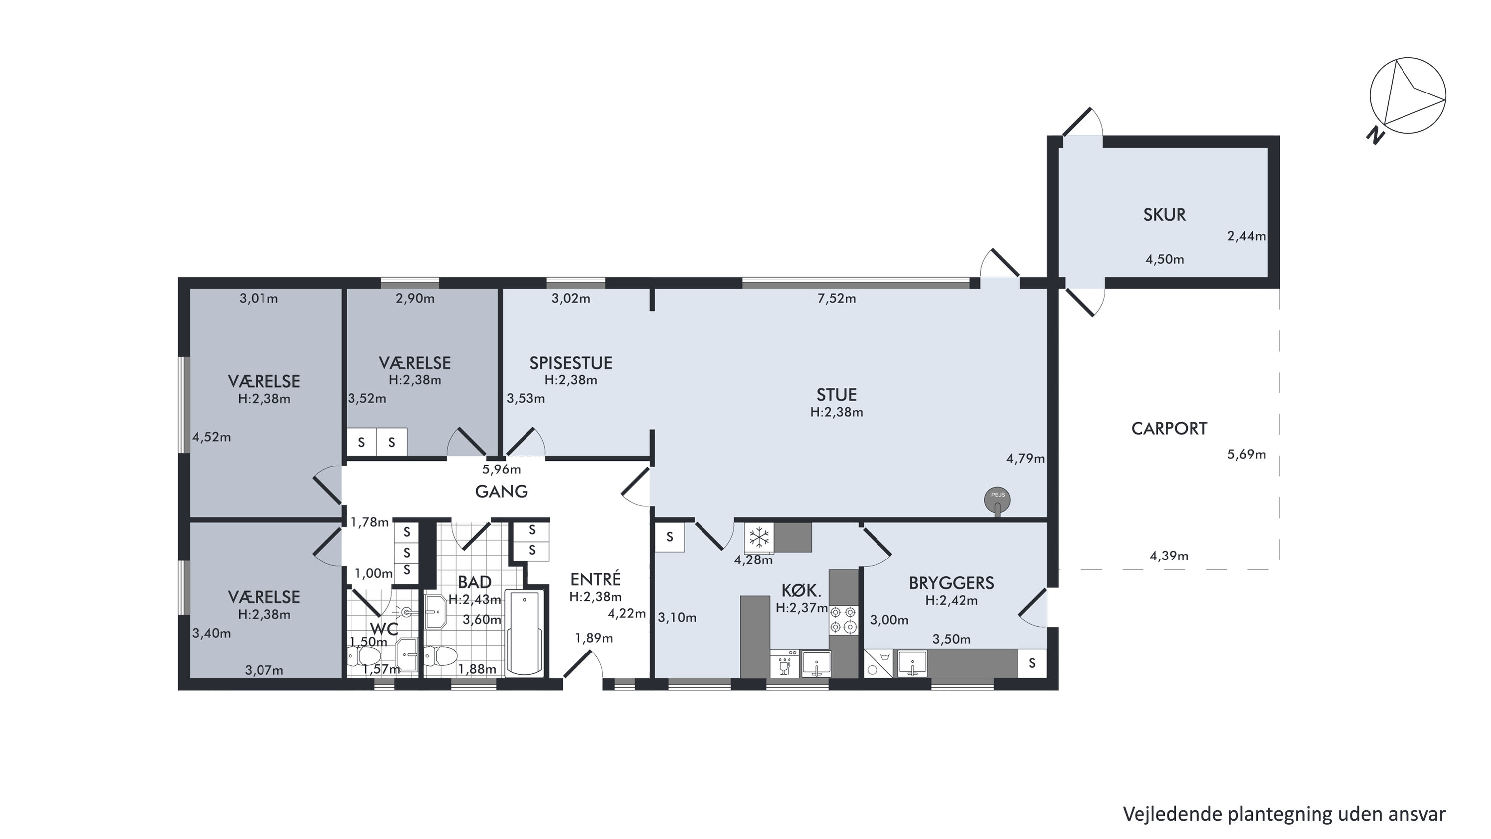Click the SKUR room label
1164,215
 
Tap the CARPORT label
1169,429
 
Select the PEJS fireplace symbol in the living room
997,500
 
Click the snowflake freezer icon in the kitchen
758,537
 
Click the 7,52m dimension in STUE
837,299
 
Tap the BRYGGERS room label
952,583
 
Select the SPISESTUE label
571,363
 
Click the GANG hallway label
501,491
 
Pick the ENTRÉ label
596,578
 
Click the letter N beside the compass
1376,136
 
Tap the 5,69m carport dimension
1247,455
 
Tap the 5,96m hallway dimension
501,469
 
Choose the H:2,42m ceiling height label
952,601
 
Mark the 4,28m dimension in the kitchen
753,560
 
